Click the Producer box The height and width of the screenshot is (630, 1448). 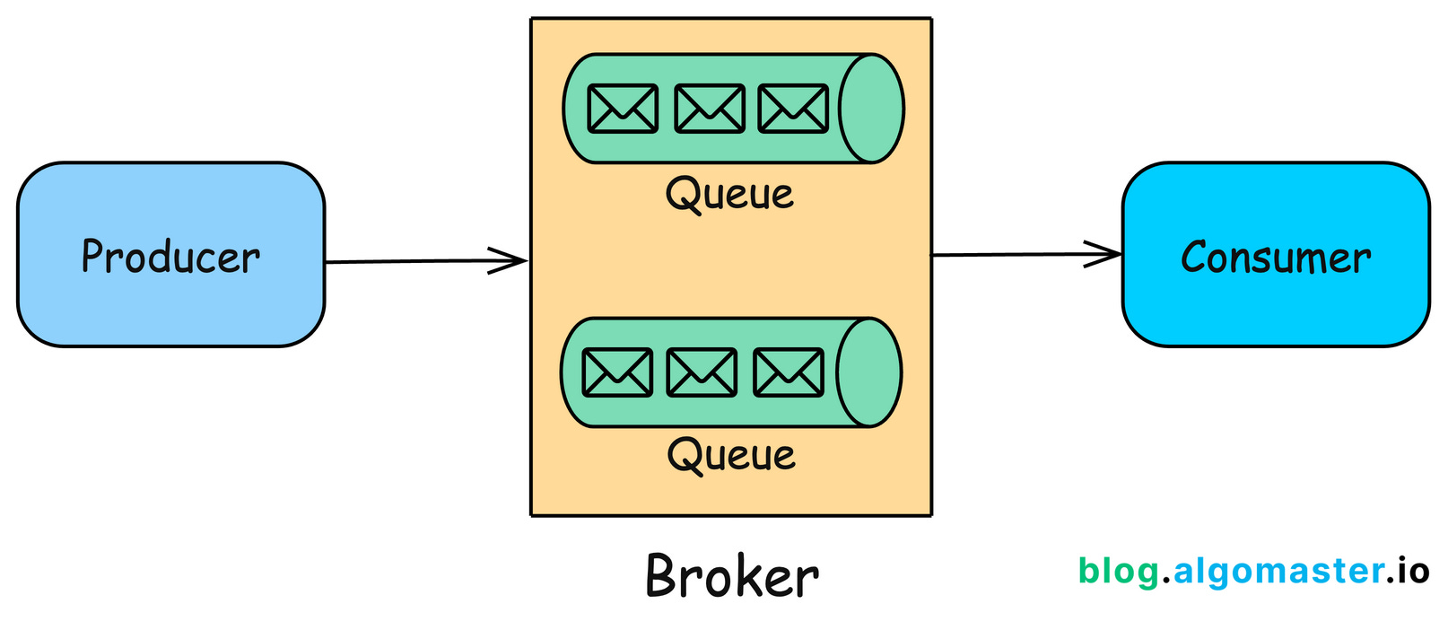point(170,255)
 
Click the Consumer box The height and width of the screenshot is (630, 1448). point(1275,255)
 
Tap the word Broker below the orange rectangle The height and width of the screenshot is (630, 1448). point(731,576)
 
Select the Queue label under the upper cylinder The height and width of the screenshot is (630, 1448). point(729,194)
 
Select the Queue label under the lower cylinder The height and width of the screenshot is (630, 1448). point(731,455)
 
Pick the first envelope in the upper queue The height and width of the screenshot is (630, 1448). point(623,109)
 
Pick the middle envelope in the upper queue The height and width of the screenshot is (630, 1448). point(709,109)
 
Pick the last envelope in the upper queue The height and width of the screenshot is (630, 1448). point(793,109)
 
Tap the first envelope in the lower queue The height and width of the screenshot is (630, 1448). point(617,372)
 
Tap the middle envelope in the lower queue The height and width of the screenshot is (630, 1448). point(702,372)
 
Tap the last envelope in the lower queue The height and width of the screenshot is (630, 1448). point(788,372)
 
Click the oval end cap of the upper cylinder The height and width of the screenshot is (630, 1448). point(871,109)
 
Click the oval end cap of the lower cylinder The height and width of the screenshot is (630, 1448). point(868,372)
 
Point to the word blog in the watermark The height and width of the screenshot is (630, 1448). point(1118,571)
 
